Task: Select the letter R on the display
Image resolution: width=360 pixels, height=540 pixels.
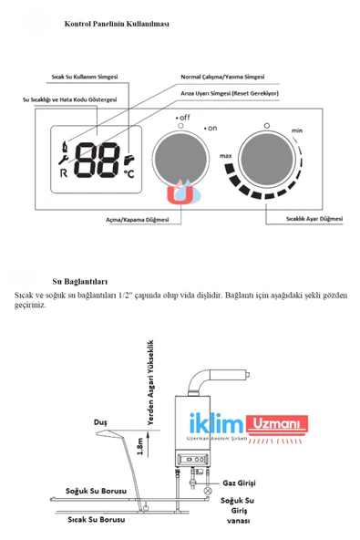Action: coord(63,171)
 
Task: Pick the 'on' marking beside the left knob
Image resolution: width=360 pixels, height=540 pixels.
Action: coord(211,129)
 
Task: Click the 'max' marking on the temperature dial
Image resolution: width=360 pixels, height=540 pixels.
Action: coord(227,156)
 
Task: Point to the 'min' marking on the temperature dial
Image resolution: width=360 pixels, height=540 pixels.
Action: coord(296,131)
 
